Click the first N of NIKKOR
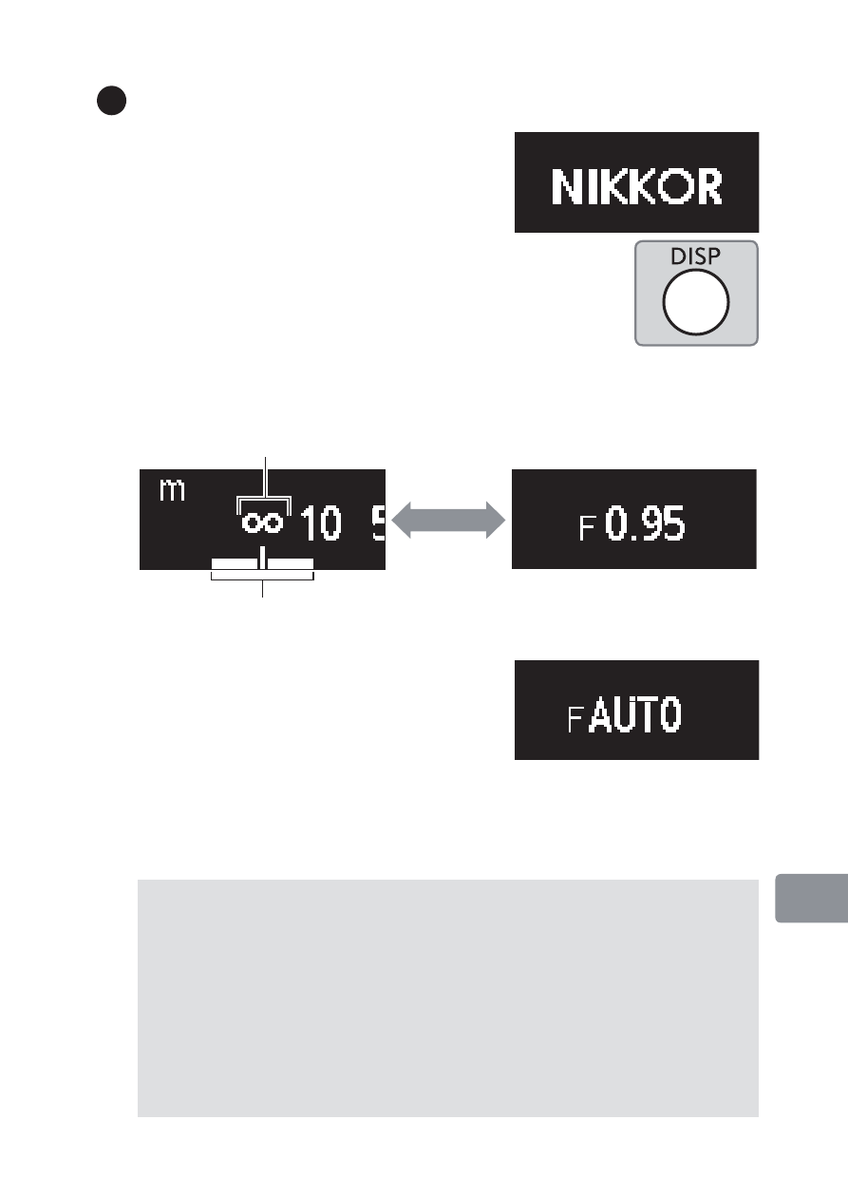click(569, 187)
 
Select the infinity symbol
click(263, 523)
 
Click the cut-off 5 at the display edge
click(378, 523)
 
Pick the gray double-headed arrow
click(447, 521)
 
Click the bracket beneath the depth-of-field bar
click(262, 577)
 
